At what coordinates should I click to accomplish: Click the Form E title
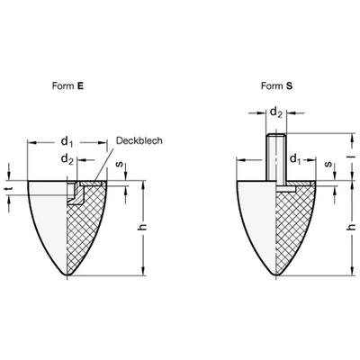pos(67,86)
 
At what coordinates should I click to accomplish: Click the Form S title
pos(276,86)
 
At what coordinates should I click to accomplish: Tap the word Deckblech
pos(139,140)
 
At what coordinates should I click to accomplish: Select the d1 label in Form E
pos(67,141)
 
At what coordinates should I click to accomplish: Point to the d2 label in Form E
pos(67,159)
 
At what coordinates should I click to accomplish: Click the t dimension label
pos(8,188)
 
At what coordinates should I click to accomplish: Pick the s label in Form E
pos(120,165)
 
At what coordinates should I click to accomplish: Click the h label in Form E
pos(143,226)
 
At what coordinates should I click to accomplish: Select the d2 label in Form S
pos(276,112)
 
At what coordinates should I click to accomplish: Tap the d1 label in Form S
pos(295,159)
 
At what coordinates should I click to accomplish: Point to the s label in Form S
pos(328,164)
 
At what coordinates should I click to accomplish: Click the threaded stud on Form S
pos(276,157)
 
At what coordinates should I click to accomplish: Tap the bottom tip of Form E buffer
pos(67,275)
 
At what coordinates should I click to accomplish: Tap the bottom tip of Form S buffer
pos(276,275)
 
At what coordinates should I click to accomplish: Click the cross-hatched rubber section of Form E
pos(85,228)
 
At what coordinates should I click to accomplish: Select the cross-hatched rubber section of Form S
pos(294,228)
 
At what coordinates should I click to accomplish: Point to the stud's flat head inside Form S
pos(286,189)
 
